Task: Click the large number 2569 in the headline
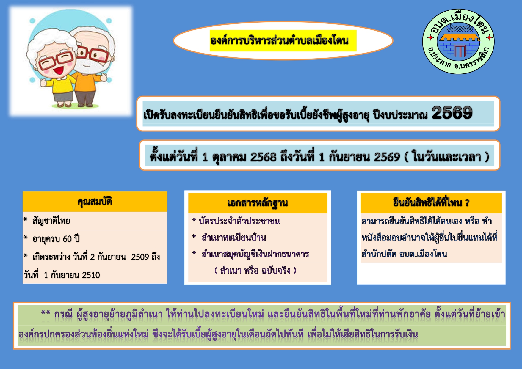(452, 113)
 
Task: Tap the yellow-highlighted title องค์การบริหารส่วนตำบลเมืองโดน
(280, 40)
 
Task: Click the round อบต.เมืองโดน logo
(458, 42)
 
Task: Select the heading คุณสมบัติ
(95, 202)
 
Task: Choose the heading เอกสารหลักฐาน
(258, 203)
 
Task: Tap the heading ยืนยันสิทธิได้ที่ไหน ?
(431, 203)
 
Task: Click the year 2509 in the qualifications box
(140, 257)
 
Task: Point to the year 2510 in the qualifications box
(91, 275)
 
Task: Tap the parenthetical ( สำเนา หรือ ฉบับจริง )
(255, 271)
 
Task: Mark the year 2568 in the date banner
(263, 157)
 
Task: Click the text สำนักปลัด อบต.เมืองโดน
(404, 254)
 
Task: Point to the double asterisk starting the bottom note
(46, 313)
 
